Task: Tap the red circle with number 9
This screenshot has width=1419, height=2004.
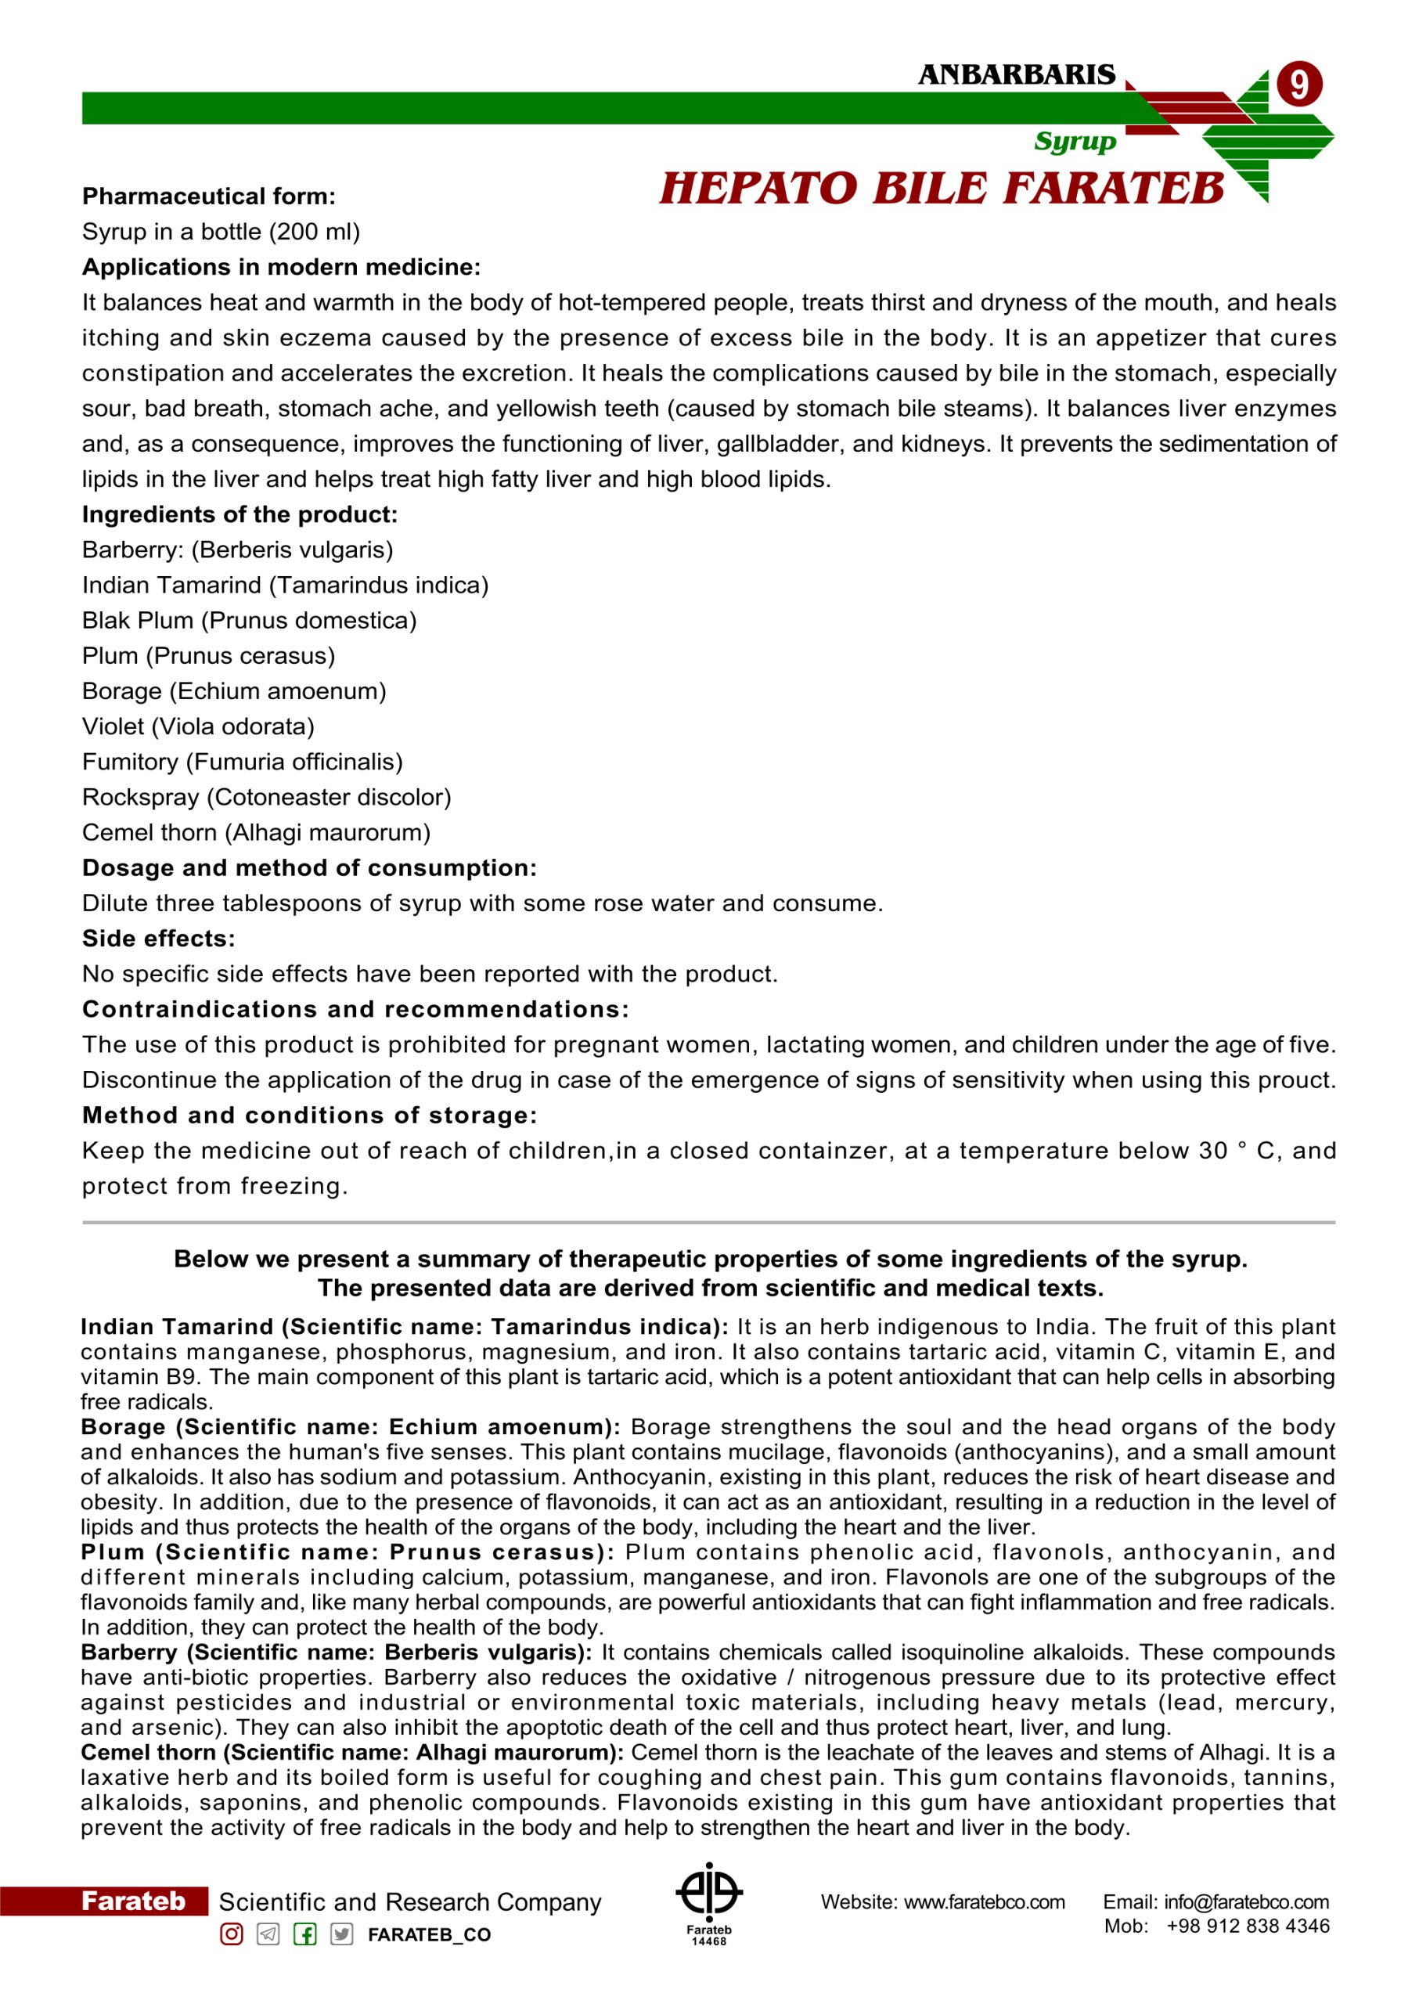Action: click(x=1298, y=85)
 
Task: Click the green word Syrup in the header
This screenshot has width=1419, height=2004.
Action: click(x=1075, y=142)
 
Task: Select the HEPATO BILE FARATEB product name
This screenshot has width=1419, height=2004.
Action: click(x=941, y=189)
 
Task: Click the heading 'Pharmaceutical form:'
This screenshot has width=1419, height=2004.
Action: click(x=209, y=196)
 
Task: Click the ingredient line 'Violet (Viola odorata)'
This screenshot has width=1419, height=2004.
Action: click(x=198, y=726)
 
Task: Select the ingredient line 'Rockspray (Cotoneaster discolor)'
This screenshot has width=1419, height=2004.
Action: click(x=266, y=797)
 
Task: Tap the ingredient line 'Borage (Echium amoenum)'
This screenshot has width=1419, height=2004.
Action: click(x=234, y=691)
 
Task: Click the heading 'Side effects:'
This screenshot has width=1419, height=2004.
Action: click(x=159, y=939)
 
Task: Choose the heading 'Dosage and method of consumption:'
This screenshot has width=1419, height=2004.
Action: click(x=309, y=868)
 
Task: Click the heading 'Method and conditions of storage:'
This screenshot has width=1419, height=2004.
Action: click(x=309, y=1116)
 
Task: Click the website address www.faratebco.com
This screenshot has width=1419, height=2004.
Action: click(x=984, y=1902)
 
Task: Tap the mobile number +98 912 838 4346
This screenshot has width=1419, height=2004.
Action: click(x=1248, y=1927)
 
